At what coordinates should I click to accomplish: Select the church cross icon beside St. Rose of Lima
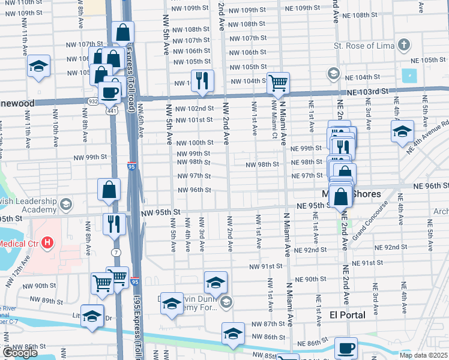(x=404, y=45)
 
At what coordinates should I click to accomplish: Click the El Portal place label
(x=347, y=315)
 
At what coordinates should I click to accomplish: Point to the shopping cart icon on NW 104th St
(x=278, y=83)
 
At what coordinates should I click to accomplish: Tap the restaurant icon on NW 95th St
(x=113, y=224)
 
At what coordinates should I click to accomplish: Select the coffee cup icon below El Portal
(x=345, y=348)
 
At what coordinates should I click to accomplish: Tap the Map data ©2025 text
(x=423, y=355)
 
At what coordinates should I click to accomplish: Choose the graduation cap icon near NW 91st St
(x=215, y=281)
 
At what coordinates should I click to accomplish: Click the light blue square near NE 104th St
(x=409, y=76)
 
